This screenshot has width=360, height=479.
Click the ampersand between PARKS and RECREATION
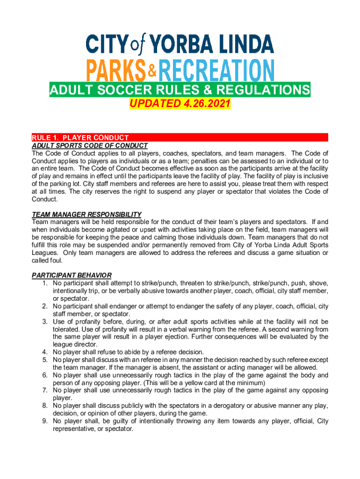coord(152,71)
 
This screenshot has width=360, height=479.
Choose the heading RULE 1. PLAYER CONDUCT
coord(80,138)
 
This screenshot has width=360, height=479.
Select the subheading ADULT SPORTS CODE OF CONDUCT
coord(89,145)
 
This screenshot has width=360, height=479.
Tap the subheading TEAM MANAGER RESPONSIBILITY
coord(86,214)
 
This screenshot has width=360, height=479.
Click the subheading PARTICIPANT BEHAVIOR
coord(72,276)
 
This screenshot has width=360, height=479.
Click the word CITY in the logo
coord(107,45)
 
